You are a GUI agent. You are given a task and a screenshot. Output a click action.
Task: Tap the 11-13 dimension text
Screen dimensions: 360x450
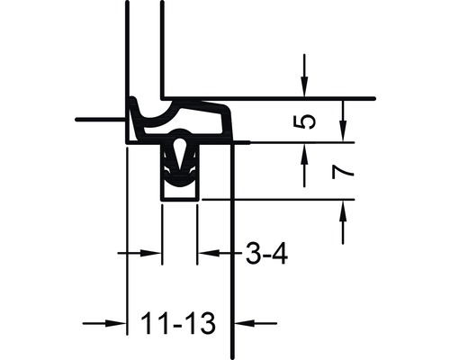178,320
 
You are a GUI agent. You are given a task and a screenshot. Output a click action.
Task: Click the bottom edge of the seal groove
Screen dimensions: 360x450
180,199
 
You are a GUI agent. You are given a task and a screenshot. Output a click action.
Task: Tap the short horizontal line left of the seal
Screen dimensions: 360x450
99,119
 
